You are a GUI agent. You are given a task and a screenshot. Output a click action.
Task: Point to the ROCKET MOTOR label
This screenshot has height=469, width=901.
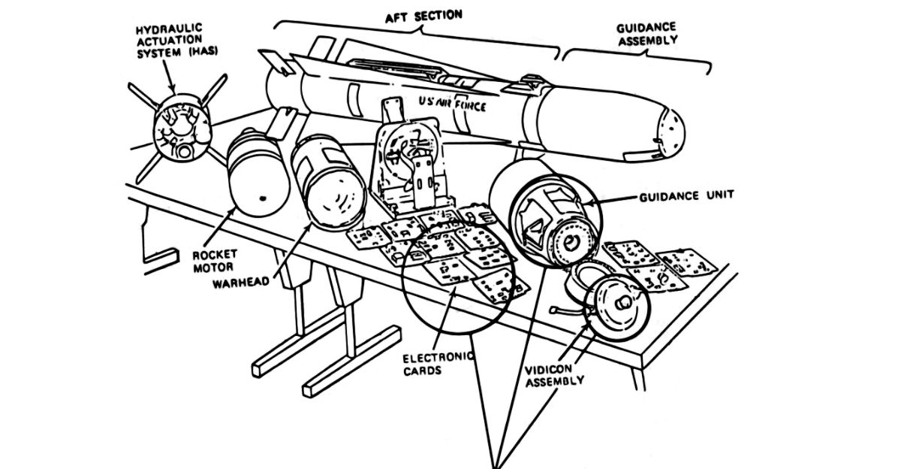(x=215, y=261)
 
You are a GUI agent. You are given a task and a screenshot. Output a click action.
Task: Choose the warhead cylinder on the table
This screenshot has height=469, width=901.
(x=326, y=183)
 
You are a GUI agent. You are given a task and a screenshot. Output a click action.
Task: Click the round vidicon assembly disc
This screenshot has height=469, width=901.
(x=617, y=304)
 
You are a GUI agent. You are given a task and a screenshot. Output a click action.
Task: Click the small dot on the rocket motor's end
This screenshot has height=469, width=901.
(x=263, y=198)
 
